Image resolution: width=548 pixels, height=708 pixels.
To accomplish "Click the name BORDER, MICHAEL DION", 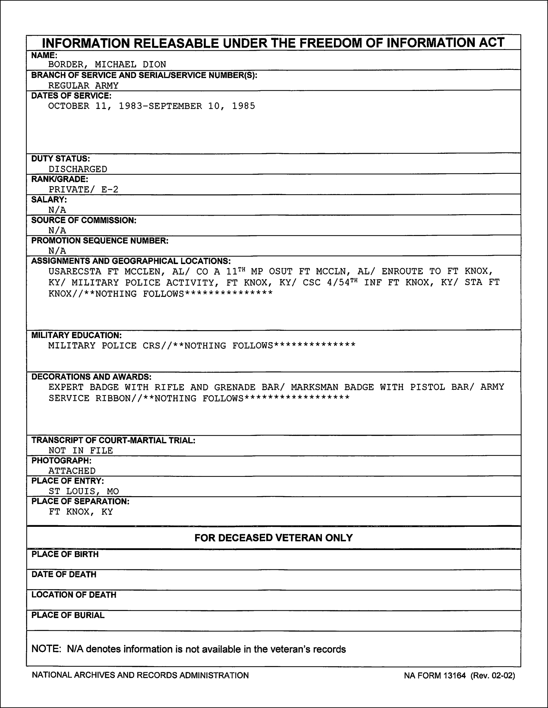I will click(107, 64).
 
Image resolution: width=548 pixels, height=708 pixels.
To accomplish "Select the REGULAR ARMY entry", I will click(83, 85).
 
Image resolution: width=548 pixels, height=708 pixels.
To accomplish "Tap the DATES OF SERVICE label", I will click(71, 96).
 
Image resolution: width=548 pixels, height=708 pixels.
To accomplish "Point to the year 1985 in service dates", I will click(244, 106).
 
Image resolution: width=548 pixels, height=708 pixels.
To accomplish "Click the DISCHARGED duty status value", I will click(78, 169).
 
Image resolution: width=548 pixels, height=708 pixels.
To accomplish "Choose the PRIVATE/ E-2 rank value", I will click(83, 189).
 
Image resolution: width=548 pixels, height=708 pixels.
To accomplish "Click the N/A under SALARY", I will click(57, 210).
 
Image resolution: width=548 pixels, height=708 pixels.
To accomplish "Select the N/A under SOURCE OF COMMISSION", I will click(57, 231).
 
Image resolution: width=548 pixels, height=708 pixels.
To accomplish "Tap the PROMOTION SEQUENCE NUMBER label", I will click(100, 241).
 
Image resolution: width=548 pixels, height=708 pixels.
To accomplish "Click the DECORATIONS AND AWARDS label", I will click(91, 377).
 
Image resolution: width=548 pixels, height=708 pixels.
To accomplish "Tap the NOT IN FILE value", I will click(81, 451).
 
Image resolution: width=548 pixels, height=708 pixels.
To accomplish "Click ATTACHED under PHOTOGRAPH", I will click(72, 471).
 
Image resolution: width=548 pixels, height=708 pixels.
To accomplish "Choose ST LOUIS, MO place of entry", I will click(84, 491).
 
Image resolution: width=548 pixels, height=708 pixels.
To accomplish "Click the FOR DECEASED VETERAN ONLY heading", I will click(273, 538).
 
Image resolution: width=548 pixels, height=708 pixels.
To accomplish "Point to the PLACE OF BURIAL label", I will click(68, 615).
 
